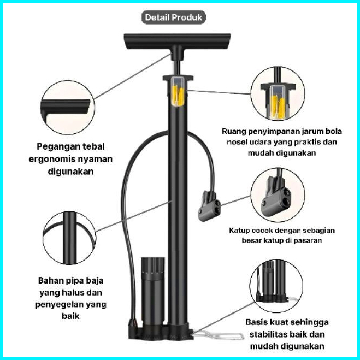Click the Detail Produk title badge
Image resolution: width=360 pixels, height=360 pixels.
click(x=174, y=17)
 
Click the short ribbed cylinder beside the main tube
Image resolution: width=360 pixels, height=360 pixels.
click(x=152, y=292)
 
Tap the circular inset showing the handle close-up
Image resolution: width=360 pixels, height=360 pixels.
click(x=68, y=108)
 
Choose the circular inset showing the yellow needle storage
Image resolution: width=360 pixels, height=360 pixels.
click(x=278, y=93)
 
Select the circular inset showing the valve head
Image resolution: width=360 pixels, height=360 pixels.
click(x=278, y=195)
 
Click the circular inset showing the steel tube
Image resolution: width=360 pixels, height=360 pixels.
click(x=69, y=238)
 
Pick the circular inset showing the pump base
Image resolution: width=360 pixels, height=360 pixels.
click(x=276, y=286)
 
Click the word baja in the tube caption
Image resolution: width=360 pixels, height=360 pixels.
click(x=95, y=281)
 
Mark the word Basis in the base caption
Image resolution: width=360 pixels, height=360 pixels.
click(x=256, y=322)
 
